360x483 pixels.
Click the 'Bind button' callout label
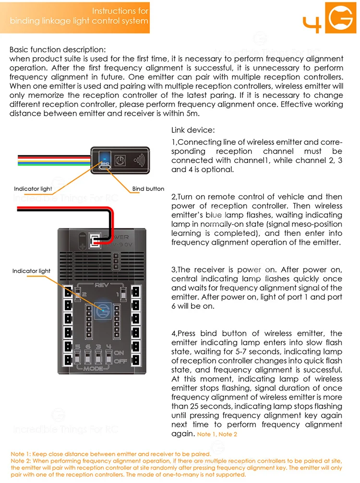(x=148, y=189)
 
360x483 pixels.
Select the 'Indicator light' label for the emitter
(x=33, y=189)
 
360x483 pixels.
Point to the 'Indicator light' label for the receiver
(x=32, y=271)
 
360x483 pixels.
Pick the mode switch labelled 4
(x=109, y=358)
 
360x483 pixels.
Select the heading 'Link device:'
(x=193, y=130)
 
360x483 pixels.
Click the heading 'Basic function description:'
(x=58, y=49)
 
